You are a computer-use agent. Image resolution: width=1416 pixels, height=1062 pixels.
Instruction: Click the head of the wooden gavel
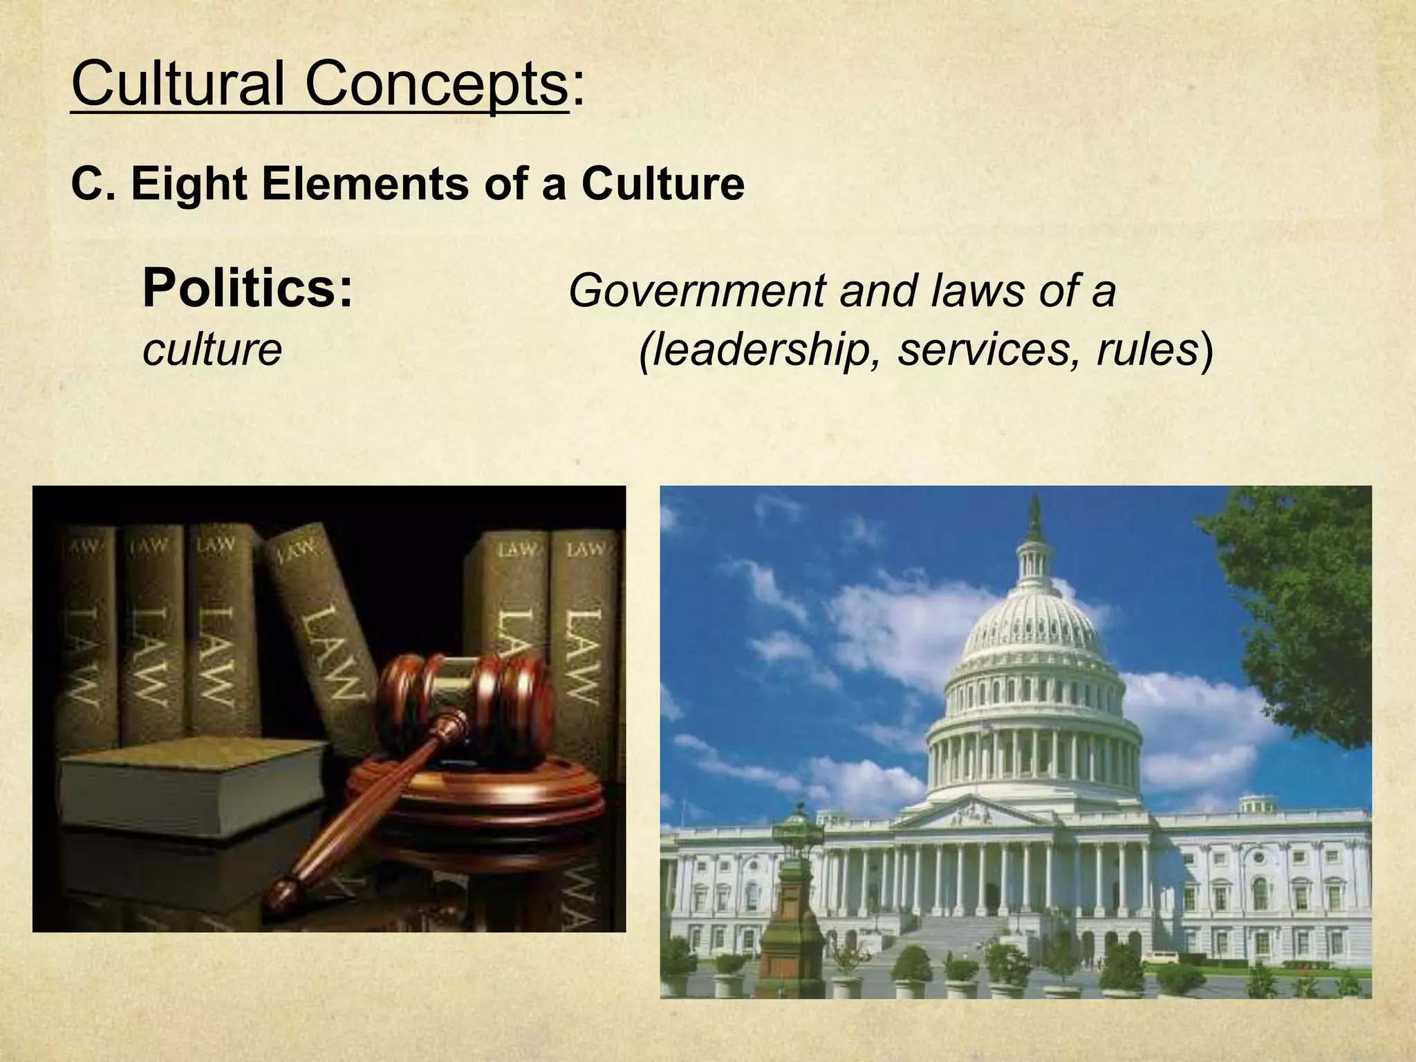point(470,698)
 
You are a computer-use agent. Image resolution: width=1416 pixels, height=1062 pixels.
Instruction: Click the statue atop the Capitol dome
point(1034,515)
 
